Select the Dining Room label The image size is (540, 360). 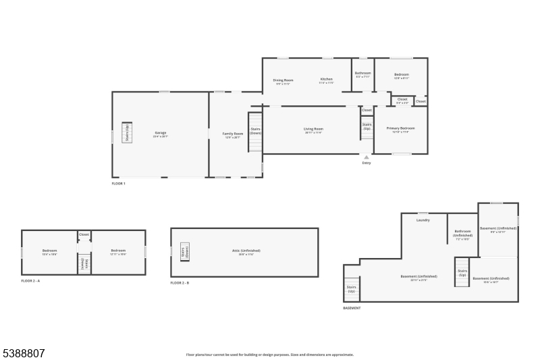point(283,81)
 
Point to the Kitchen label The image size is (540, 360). point(326,80)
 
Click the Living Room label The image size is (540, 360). point(313,130)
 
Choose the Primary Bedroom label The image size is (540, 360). point(400,129)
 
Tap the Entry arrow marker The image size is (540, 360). point(367,157)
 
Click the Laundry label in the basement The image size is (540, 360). point(423,220)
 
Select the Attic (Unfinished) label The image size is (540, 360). point(246,251)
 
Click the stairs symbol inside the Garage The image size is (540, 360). point(127,132)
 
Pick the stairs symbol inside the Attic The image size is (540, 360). point(185,252)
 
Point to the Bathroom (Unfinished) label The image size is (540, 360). point(462,234)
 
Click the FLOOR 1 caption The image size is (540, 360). point(119,184)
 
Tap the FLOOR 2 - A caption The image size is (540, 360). point(31,280)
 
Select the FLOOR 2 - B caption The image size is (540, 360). point(180,282)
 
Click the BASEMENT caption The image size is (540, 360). point(352,308)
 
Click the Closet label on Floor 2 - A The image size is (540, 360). point(84,234)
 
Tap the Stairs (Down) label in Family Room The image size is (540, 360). point(256,130)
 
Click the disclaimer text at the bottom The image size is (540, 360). point(270,354)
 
